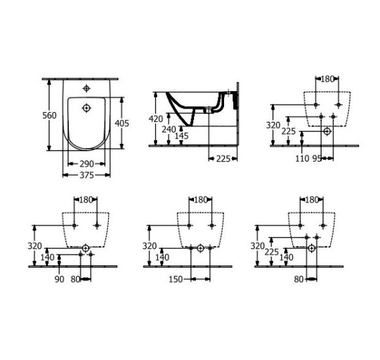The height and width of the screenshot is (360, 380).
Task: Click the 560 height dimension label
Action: [x=41, y=115]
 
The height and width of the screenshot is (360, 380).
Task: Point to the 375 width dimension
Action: [x=85, y=175]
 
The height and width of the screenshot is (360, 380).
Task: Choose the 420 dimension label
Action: [x=156, y=119]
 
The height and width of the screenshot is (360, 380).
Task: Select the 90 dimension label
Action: [x=60, y=279]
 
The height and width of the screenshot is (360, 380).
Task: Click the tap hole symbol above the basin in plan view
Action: [x=86, y=88]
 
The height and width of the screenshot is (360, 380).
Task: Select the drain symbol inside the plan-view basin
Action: [x=86, y=107]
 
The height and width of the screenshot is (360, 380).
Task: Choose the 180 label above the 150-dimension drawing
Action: [x=200, y=200]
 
